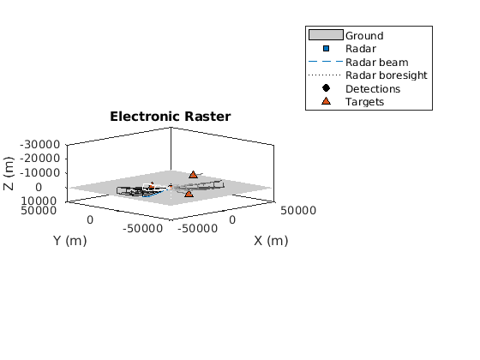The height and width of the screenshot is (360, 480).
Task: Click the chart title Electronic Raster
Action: tap(171, 117)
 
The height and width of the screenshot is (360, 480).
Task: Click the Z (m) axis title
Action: tap(9, 173)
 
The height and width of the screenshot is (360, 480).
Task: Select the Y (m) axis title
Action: tap(70, 241)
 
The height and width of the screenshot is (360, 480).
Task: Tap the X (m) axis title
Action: tap(271, 241)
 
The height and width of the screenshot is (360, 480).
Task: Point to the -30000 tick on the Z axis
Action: tap(40, 145)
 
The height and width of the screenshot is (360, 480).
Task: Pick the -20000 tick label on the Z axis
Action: tap(40, 159)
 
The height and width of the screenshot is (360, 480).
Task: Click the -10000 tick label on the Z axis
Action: tap(40, 173)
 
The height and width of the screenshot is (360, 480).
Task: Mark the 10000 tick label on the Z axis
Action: tap(39, 201)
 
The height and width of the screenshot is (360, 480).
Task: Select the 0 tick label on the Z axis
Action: tap(39, 188)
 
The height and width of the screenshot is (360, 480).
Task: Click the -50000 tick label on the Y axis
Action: tap(142, 229)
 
